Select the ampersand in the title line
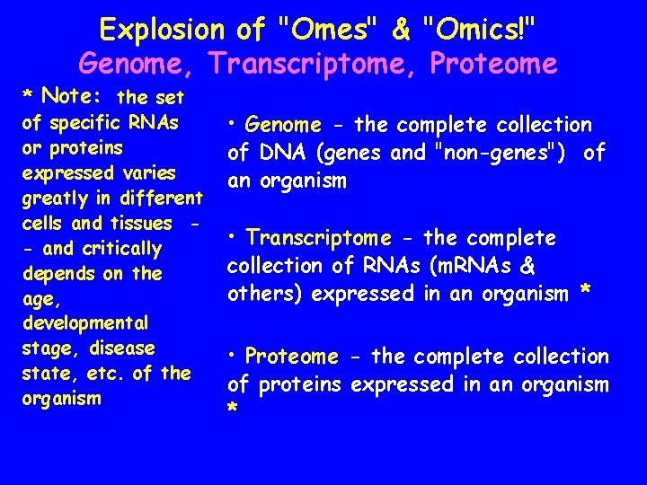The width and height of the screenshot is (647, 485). coord(400,30)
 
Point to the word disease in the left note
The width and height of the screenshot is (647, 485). coord(122,348)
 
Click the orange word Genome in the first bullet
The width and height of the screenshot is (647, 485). coord(283,126)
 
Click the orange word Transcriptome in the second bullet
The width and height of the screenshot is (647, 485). coord(319,238)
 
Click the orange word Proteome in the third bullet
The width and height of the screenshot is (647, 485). coord(291,357)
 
